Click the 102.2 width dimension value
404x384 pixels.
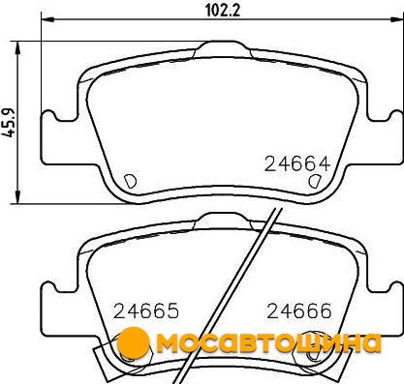pos(223,11)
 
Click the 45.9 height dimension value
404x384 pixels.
pos(10,123)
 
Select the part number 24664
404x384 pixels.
pos(297,163)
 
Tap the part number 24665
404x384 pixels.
pos(146,311)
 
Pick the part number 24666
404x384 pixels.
pos(299,311)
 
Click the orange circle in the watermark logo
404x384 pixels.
pos(133,342)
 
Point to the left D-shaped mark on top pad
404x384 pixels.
pos(131,181)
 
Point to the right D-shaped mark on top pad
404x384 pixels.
pos(314,181)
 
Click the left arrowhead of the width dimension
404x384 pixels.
pos(47,19)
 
